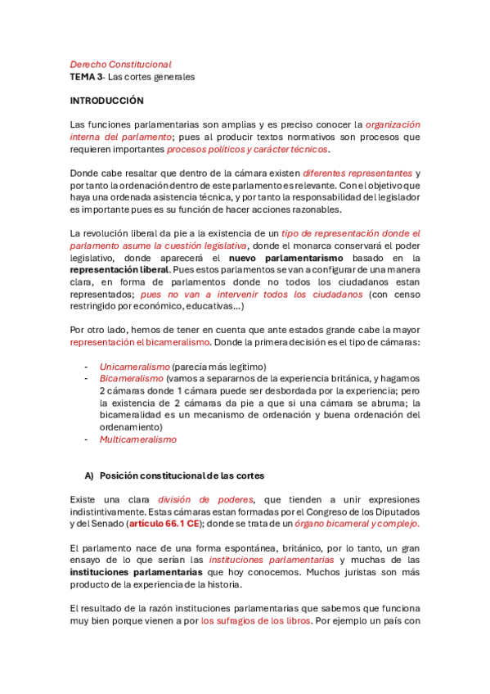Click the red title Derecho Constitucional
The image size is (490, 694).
point(120,64)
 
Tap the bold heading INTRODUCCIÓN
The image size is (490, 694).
point(106,101)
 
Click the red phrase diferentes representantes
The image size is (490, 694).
point(357,173)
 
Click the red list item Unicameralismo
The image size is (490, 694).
point(134,366)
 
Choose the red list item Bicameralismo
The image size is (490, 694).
point(132,379)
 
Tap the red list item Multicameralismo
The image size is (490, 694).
point(137,439)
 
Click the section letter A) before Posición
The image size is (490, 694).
point(89,475)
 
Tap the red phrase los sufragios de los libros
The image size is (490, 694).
point(255,620)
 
